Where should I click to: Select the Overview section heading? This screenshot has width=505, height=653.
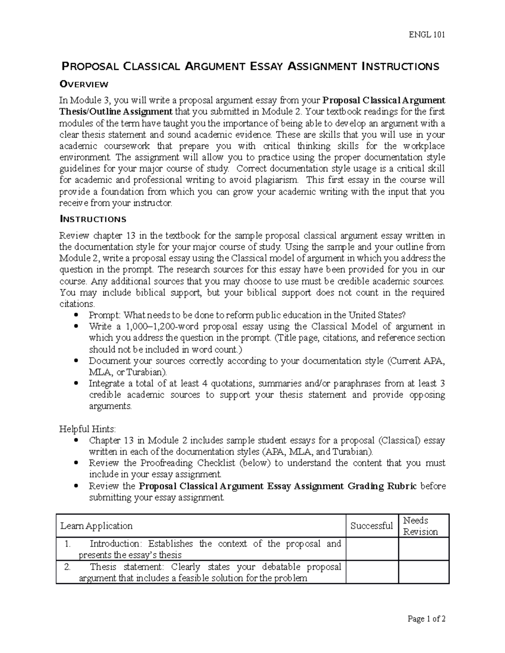tap(84, 85)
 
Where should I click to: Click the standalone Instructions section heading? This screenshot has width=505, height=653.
tap(93, 219)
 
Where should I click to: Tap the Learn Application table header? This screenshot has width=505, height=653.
tap(96, 526)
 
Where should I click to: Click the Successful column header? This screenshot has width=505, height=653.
tap(372, 526)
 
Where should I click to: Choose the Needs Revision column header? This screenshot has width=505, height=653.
tap(420, 526)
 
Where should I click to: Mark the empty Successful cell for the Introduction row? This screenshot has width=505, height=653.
tap(372, 549)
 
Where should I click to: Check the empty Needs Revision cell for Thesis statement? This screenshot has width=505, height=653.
tap(423, 572)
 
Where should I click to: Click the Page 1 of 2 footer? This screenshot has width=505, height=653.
tap(426, 619)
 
